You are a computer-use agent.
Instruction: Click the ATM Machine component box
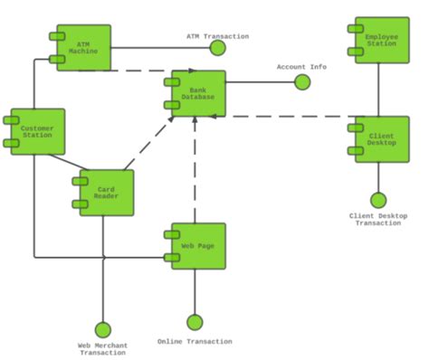click(x=83, y=48)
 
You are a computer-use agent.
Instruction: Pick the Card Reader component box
click(x=107, y=193)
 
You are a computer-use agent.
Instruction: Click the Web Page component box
click(x=198, y=246)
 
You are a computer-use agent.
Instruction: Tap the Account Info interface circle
click(x=302, y=82)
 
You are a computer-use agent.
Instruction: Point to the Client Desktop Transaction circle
click(x=378, y=200)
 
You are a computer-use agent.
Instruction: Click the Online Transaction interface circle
click(x=195, y=322)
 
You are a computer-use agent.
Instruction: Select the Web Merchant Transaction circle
click(x=102, y=329)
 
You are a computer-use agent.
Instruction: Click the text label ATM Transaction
click(x=217, y=37)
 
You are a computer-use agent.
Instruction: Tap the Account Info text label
click(x=301, y=67)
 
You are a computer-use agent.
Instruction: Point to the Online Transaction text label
click(x=195, y=342)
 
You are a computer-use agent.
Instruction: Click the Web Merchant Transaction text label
click(x=102, y=349)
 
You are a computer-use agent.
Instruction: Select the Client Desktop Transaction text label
click(x=378, y=220)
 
